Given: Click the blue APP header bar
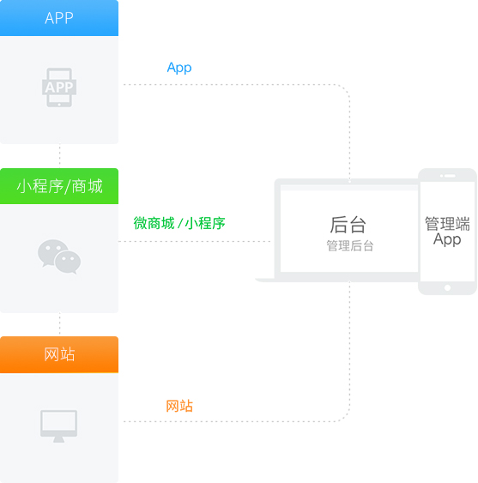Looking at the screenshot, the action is tap(59, 18).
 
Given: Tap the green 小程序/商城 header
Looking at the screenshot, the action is tap(59, 186).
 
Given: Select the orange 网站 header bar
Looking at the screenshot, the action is tap(59, 354).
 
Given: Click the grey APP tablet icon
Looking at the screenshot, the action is tap(59, 88).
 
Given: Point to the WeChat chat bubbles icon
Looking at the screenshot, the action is tap(59, 257).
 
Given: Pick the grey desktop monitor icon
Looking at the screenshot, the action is tap(59, 426).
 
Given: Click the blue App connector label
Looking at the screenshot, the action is tap(179, 68).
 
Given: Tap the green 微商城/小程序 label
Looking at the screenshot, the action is tap(179, 223).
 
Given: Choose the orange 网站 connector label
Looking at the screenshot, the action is tap(179, 406).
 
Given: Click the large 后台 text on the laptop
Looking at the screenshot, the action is tap(348, 225).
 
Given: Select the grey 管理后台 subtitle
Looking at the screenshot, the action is tap(350, 246).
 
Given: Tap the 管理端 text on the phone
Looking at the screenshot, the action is tap(447, 224).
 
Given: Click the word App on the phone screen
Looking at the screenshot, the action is tap(447, 239).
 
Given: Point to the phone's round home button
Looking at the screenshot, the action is tap(447, 287).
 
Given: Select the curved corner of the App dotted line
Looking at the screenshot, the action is tap(344, 88).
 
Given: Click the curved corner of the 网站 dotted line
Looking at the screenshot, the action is tap(344, 417).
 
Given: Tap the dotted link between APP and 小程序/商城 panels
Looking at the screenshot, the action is tap(59, 156).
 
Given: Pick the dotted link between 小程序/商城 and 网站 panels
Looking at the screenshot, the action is tap(59, 324).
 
